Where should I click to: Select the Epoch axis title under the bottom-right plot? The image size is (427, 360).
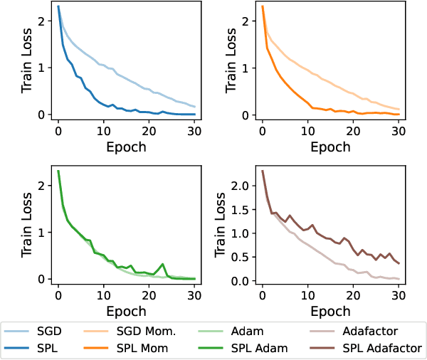(x=331, y=311)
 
